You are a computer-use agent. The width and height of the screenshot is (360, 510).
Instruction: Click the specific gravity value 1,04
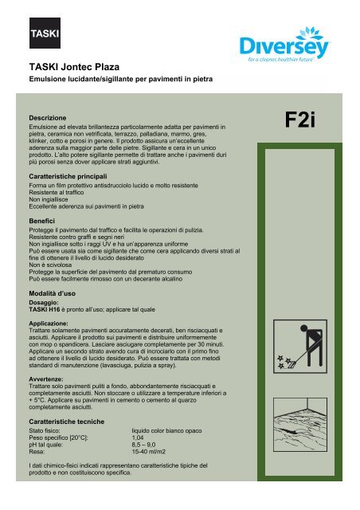click(139, 437)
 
